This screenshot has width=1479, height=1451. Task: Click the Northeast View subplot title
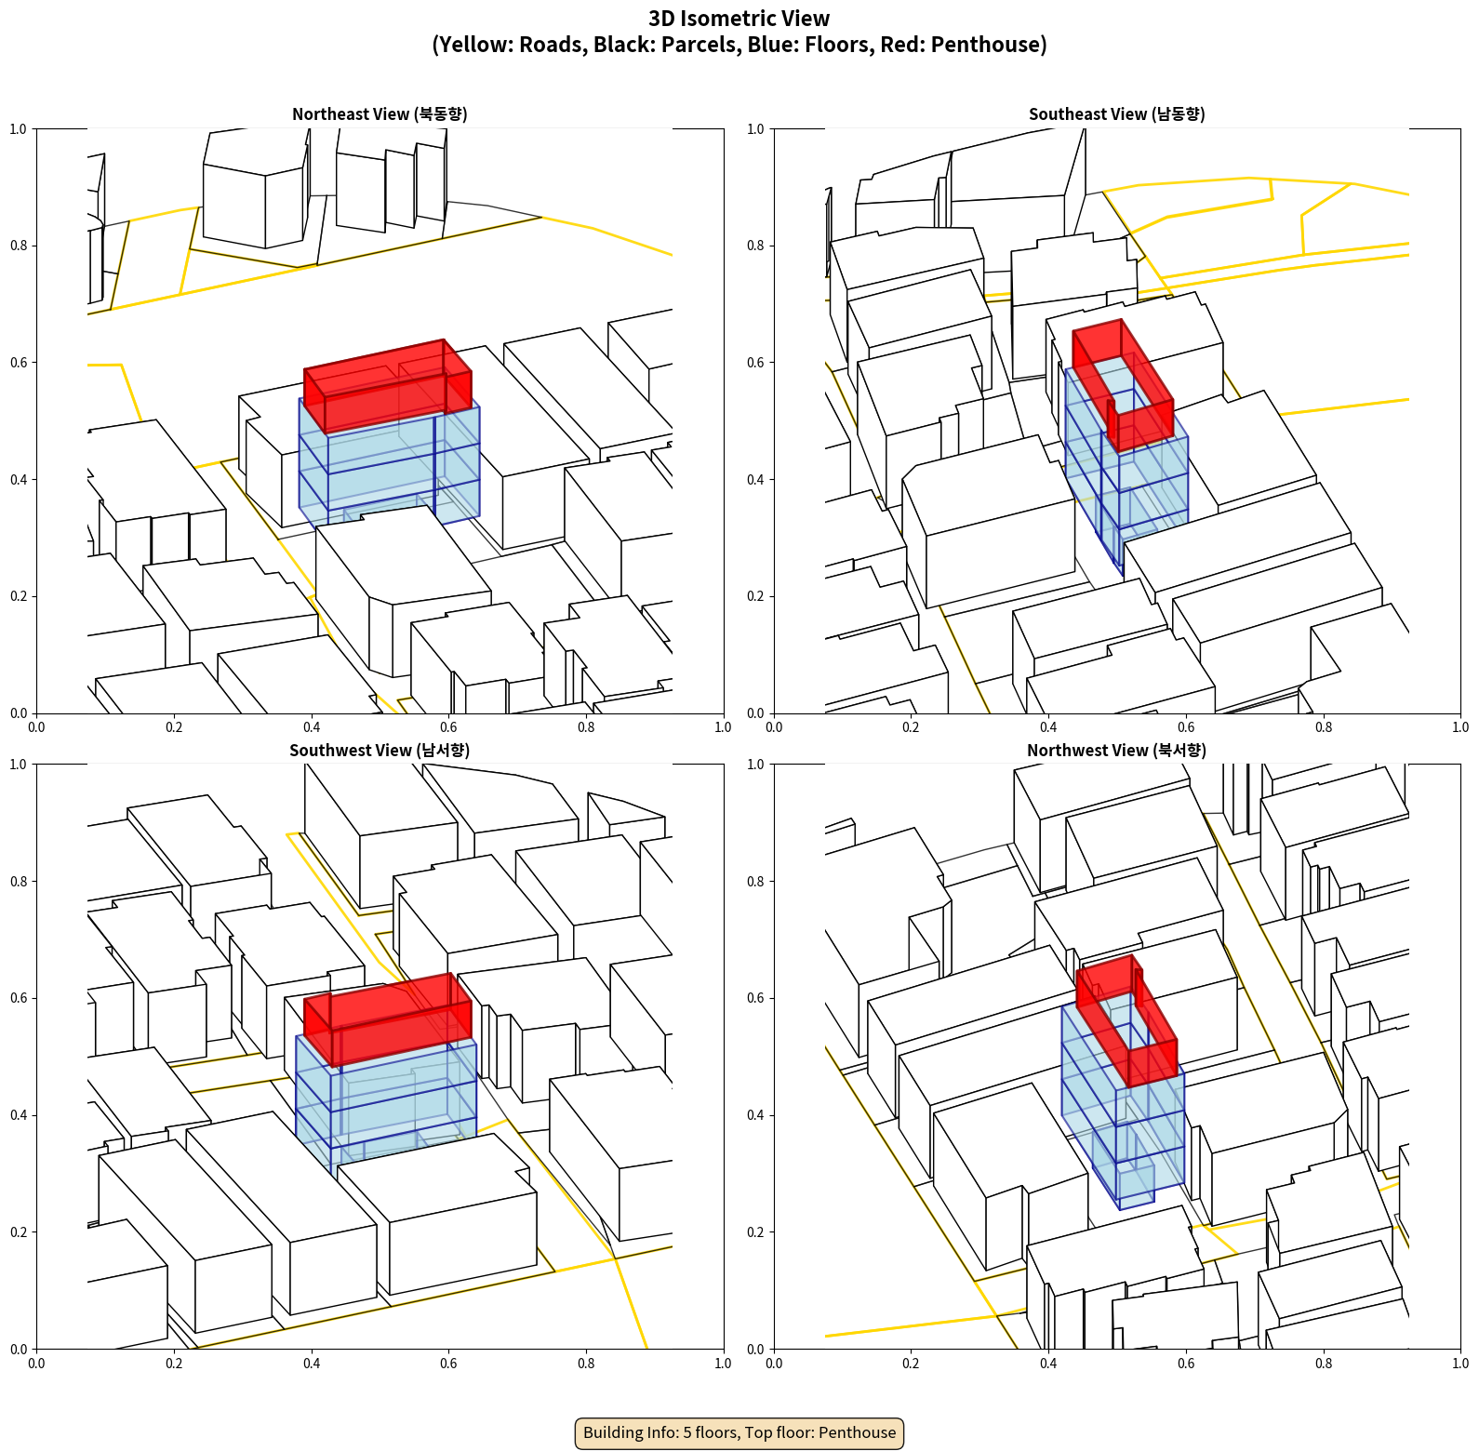click(380, 114)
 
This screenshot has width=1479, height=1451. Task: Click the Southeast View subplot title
click(1116, 114)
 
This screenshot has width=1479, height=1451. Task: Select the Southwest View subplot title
click(380, 751)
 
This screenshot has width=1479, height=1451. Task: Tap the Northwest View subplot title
click(1116, 751)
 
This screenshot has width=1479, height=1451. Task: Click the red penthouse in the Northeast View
click(387, 385)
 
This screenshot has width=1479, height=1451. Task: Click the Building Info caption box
click(739, 1432)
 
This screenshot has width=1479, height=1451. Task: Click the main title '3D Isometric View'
click(739, 19)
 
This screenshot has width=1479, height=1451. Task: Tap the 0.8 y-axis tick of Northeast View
click(19, 246)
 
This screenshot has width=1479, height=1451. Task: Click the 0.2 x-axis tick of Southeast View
click(911, 727)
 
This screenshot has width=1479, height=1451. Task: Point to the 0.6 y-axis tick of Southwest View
click(19, 998)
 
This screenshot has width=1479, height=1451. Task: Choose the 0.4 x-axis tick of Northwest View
click(1048, 1364)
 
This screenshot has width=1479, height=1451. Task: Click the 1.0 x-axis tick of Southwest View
click(723, 1364)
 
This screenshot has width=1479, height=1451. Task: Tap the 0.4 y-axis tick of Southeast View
click(756, 480)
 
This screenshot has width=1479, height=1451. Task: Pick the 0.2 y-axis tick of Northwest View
click(756, 1232)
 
